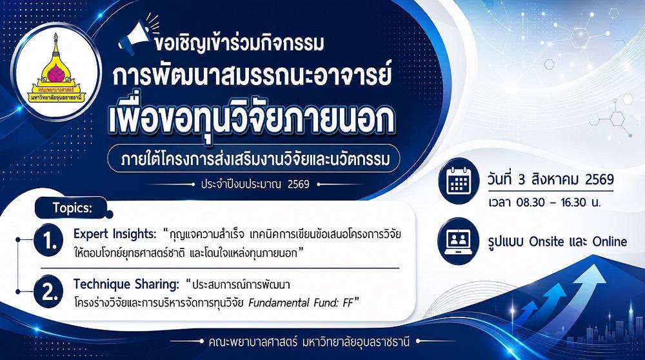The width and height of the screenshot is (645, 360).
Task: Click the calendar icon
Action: click(457, 181)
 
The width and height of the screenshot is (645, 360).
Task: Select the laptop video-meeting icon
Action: click(457, 241)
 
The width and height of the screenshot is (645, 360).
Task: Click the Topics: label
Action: click(72, 208)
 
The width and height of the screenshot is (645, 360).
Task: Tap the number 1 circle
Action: click(48, 240)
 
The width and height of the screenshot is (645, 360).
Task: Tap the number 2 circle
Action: click(48, 292)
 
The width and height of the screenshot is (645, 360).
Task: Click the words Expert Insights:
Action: click(115, 234)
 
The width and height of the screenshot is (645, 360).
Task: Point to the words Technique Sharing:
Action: click(126, 284)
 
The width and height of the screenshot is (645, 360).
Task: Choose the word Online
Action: click(610, 241)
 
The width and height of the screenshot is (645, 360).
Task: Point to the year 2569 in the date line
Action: click(599, 179)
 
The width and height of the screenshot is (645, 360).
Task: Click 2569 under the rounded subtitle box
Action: click(298, 184)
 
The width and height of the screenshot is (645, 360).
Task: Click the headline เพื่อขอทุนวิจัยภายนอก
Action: click(252, 117)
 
